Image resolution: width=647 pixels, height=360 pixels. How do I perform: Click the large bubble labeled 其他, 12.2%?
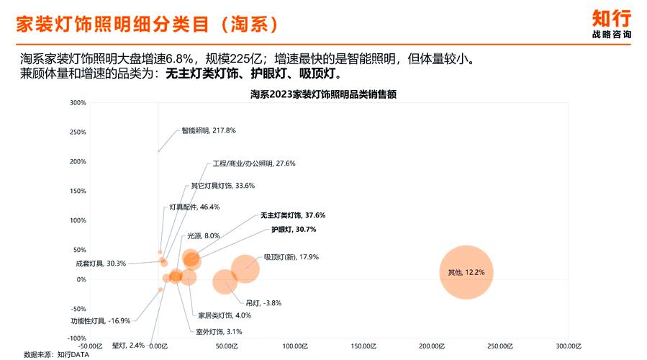point(466,272)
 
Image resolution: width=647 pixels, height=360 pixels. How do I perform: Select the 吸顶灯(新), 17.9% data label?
point(291,257)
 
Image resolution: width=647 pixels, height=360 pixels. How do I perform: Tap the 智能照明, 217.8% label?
point(209,131)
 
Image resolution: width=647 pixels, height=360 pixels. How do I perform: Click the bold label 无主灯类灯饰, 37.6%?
point(292,215)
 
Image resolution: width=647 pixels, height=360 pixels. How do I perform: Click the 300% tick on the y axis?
point(78,102)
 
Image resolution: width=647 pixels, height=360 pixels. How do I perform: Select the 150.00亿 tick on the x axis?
point(363,346)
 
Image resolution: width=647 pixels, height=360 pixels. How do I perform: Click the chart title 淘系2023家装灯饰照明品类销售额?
point(324,94)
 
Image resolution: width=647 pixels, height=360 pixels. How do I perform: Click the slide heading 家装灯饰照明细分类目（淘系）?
point(147,24)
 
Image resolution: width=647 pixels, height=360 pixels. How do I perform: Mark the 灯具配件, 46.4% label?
point(194,207)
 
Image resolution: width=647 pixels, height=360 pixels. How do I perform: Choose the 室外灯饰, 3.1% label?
point(219,332)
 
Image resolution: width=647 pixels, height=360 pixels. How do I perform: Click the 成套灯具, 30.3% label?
point(101,264)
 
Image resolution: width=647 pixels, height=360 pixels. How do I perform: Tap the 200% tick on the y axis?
point(78,161)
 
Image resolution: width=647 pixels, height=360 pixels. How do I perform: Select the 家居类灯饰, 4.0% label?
point(225,315)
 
